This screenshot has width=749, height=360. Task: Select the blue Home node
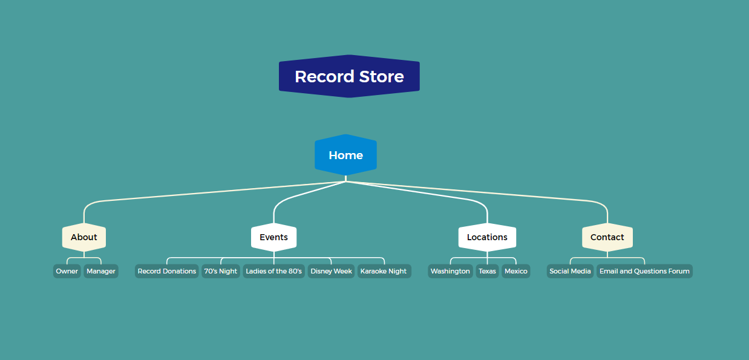[345, 155]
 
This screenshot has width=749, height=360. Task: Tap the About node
[84, 237]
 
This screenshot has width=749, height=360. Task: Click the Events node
[273, 237]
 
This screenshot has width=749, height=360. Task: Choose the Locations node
[487, 237]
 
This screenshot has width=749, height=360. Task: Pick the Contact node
[607, 237]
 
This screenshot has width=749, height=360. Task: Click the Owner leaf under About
[67, 271]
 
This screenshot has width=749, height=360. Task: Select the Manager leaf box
[101, 271]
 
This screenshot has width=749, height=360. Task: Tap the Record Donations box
[167, 271]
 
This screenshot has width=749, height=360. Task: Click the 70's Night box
[221, 271]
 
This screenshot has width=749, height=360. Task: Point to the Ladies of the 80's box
[274, 271]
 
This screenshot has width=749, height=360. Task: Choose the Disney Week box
[331, 271]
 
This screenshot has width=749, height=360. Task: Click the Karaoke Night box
[384, 271]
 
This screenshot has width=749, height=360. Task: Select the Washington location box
[450, 271]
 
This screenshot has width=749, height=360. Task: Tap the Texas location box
[487, 271]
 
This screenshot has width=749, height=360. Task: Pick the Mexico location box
[516, 271]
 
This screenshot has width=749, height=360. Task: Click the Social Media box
[570, 271]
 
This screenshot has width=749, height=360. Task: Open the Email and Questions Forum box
[644, 271]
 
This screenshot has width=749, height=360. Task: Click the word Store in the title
[381, 77]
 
